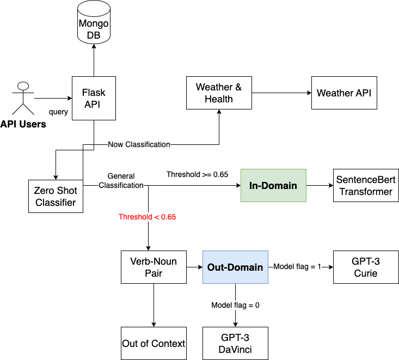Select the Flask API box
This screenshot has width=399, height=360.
click(94, 98)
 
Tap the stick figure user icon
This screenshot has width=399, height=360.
click(22, 99)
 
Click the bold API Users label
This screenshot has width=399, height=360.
click(23, 124)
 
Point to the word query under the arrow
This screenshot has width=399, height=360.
click(58, 112)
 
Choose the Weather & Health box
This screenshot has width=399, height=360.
click(219, 93)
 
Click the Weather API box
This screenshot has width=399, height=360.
click(343, 93)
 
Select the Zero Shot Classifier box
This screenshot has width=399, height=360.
click(56, 197)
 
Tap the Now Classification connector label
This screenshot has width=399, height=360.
click(139, 144)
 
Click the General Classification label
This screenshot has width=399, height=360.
click(121, 181)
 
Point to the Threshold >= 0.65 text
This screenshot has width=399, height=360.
click(197, 174)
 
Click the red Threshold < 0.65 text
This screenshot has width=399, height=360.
click(147, 217)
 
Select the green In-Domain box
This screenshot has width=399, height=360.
click(273, 186)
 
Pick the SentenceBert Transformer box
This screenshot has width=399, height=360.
click(365, 186)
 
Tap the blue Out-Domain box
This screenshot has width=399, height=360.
click(235, 267)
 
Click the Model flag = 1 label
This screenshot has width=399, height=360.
click(297, 267)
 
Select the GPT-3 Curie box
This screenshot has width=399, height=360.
click(365, 267)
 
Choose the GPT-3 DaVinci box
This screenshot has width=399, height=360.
click(235, 343)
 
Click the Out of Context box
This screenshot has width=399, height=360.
click(154, 343)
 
